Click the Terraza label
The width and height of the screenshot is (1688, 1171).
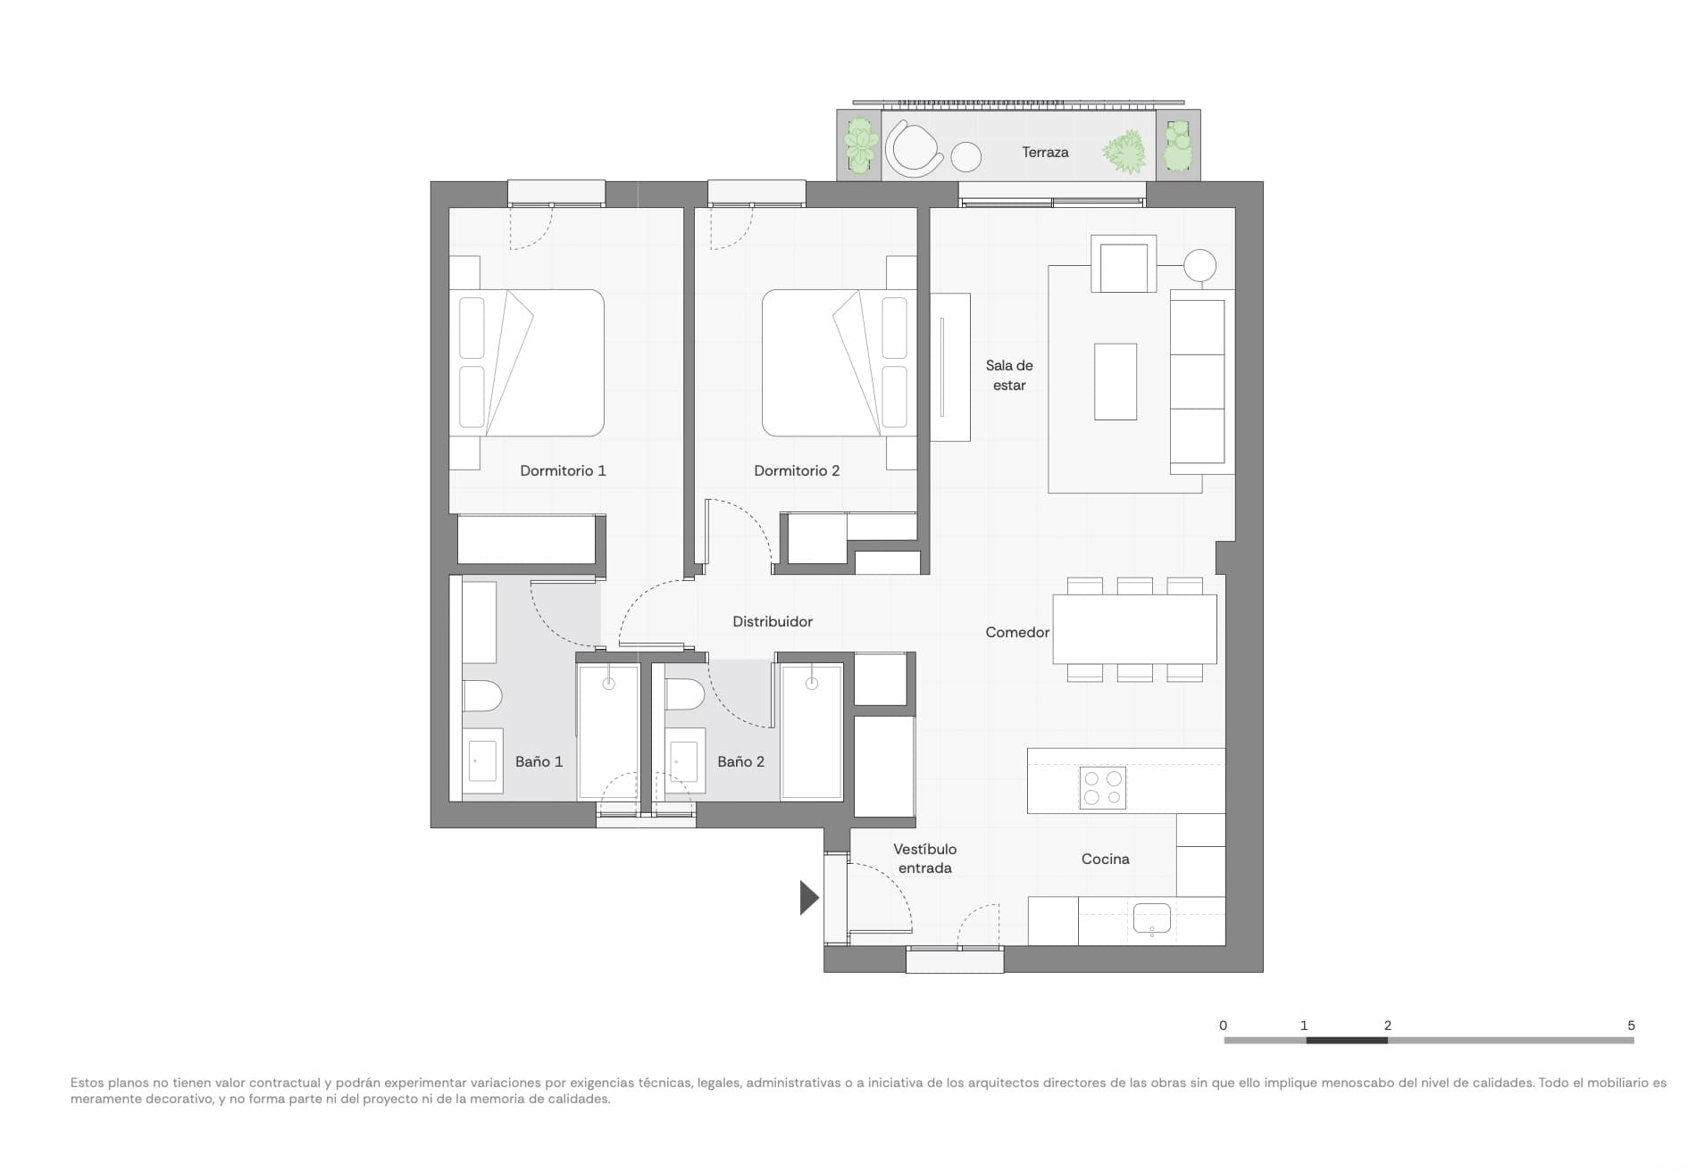(1045, 153)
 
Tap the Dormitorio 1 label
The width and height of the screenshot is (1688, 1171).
(563, 470)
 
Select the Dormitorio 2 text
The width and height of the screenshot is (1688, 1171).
(797, 470)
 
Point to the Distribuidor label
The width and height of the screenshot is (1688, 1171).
(773, 621)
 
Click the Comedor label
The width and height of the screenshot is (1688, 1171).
(1017, 632)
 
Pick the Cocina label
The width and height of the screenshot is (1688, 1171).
(1105, 859)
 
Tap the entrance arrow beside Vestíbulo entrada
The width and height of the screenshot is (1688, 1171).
(808, 898)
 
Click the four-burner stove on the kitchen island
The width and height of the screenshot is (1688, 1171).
(1102, 787)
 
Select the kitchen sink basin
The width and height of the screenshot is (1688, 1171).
(1152, 918)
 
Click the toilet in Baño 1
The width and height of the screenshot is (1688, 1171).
(481, 696)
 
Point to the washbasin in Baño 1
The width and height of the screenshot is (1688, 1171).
(482, 761)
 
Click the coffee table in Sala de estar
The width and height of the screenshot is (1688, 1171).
(1116, 381)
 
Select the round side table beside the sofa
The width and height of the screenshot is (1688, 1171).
(1199, 265)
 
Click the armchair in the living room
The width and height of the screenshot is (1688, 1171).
(1124, 265)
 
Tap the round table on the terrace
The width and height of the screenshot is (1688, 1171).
(965, 157)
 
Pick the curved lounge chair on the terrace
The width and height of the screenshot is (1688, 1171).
(913, 149)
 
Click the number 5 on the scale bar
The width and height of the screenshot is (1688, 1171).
(1631, 1026)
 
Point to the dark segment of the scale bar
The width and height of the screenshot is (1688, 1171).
(1346, 1040)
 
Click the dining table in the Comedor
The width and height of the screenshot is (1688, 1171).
(1134, 629)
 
